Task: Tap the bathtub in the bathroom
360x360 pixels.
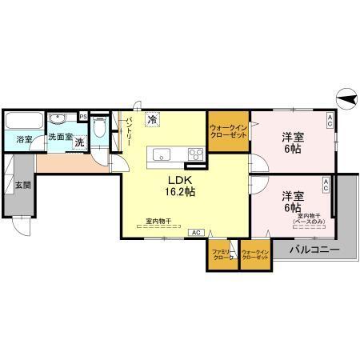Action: tap(25, 121)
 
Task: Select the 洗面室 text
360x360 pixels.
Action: tap(60, 137)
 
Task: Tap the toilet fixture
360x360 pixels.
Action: tap(99, 128)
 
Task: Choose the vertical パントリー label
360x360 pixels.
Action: tap(128, 132)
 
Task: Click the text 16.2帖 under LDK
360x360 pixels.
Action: tap(181, 191)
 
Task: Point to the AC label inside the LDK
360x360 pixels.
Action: tap(195, 232)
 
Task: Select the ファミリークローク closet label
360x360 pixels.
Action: tap(222, 255)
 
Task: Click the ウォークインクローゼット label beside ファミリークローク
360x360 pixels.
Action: tap(255, 255)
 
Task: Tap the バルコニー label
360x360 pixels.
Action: tap(314, 250)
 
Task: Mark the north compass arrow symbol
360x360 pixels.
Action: tap(345, 98)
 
